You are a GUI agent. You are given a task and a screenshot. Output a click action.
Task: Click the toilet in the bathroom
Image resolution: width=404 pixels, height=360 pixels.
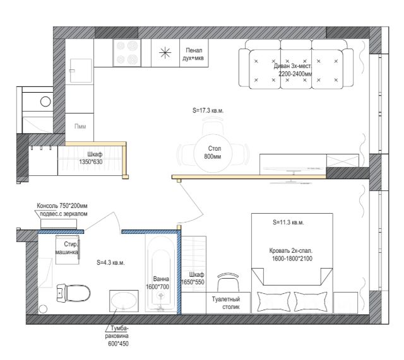(x=73, y=293)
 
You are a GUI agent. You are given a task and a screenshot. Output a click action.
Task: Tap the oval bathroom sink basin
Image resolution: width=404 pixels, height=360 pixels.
(x=124, y=301)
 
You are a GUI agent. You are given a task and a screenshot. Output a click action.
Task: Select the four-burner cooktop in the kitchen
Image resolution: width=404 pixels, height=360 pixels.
(x=127, y=53)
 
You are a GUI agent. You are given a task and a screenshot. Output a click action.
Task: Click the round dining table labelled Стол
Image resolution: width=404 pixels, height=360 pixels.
(x=213, y=153)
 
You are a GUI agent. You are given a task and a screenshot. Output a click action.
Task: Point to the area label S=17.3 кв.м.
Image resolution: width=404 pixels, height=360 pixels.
(x=208, y=111)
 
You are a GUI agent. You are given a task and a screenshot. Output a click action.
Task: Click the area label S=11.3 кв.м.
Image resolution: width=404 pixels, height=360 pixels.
(x=288, y=223)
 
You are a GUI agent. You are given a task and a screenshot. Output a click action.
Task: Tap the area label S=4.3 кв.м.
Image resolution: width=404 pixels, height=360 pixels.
(x=110, y=263)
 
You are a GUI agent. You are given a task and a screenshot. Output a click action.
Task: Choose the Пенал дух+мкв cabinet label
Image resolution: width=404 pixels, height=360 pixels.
(x=193, y=54)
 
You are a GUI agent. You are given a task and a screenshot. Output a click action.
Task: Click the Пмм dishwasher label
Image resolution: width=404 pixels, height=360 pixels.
(x=80, y=126)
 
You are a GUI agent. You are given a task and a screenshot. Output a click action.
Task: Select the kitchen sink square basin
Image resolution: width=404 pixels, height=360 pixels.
(x=81, y=71)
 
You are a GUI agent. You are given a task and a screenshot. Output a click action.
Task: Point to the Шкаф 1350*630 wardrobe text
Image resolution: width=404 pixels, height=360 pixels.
(x=91, y=158)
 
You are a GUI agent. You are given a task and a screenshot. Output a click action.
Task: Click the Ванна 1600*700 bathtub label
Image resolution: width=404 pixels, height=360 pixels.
(x=157, y=283)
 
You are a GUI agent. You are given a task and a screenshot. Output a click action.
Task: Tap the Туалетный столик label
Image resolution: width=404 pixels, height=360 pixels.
(x=226, y=303)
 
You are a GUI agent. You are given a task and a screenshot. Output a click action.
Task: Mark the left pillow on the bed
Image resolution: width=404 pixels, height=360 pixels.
(x=273, y=301)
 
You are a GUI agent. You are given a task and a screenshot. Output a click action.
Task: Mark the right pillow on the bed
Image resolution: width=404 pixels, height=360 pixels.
(x=311, y=301)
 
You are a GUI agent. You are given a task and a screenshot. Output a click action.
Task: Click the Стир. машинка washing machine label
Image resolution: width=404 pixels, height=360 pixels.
(x=67, y=248)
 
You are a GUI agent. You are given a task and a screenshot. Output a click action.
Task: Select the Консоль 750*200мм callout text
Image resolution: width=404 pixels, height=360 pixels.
(x=62, y=206)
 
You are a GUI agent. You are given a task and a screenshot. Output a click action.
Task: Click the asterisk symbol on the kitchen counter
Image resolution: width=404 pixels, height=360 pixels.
(x=165, y=53)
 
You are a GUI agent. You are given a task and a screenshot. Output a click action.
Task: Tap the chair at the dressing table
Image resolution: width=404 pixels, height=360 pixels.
(x=229, y=282)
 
